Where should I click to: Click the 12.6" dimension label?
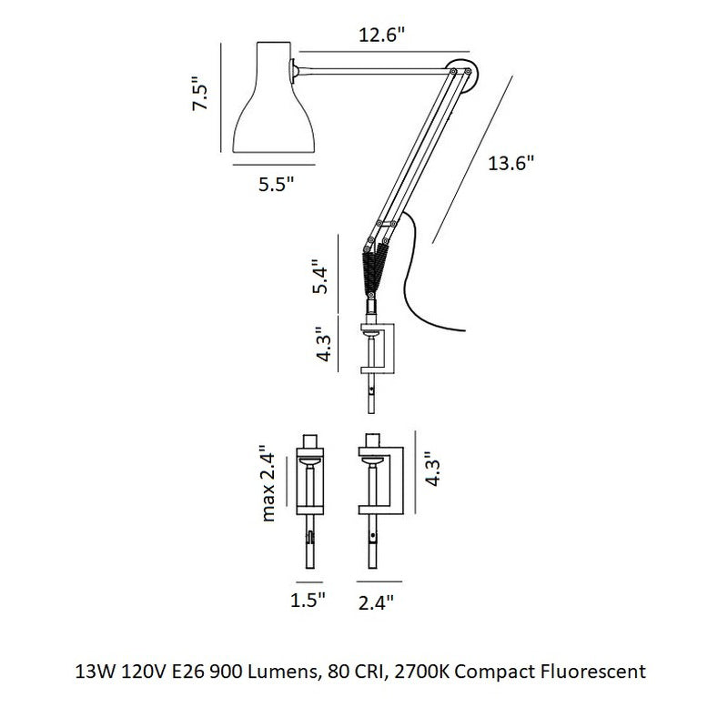[381, 35]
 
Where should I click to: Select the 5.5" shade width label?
[277, 185]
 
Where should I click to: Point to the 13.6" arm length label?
[511, 164]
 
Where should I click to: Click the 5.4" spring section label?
[320, 277]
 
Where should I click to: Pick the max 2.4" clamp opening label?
[268, 483]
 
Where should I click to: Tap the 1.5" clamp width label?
[308, 600]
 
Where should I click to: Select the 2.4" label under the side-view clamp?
[376, 602]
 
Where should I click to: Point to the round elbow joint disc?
[464, 73]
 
